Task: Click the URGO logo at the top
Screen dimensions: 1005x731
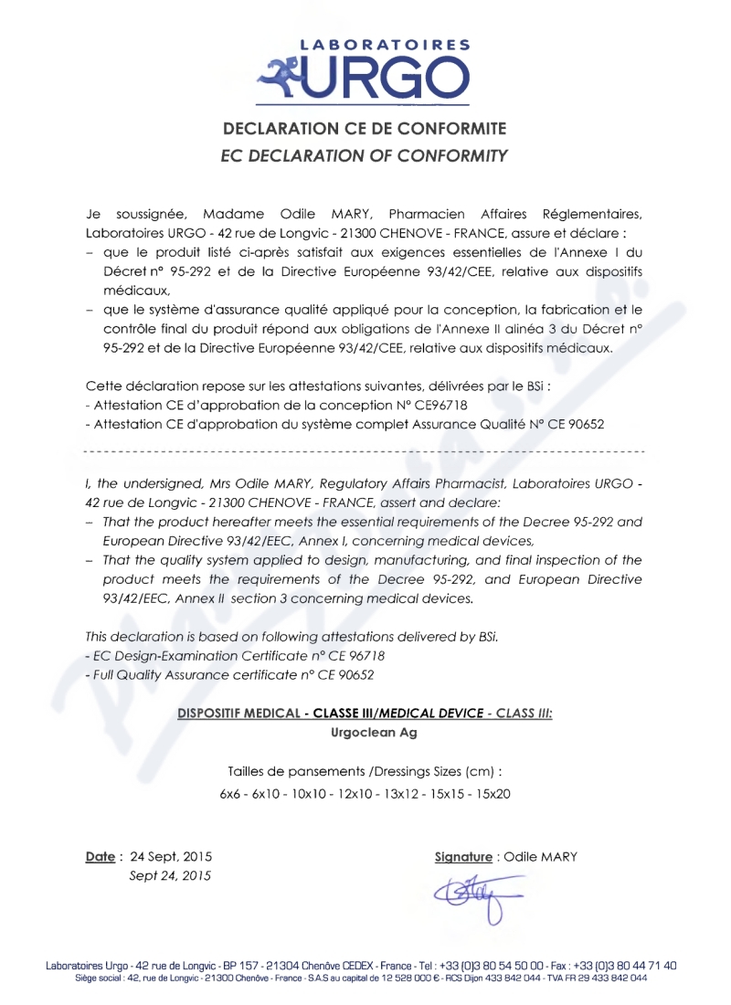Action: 365,69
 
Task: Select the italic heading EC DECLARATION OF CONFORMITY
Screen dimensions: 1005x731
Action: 365,156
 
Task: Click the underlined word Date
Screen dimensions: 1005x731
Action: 100,857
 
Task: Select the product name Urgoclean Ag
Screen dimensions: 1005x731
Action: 365,733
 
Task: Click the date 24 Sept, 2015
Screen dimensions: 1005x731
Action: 171,857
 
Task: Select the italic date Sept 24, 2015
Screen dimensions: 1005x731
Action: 171,876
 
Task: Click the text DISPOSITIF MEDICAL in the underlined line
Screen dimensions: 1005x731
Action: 234,713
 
